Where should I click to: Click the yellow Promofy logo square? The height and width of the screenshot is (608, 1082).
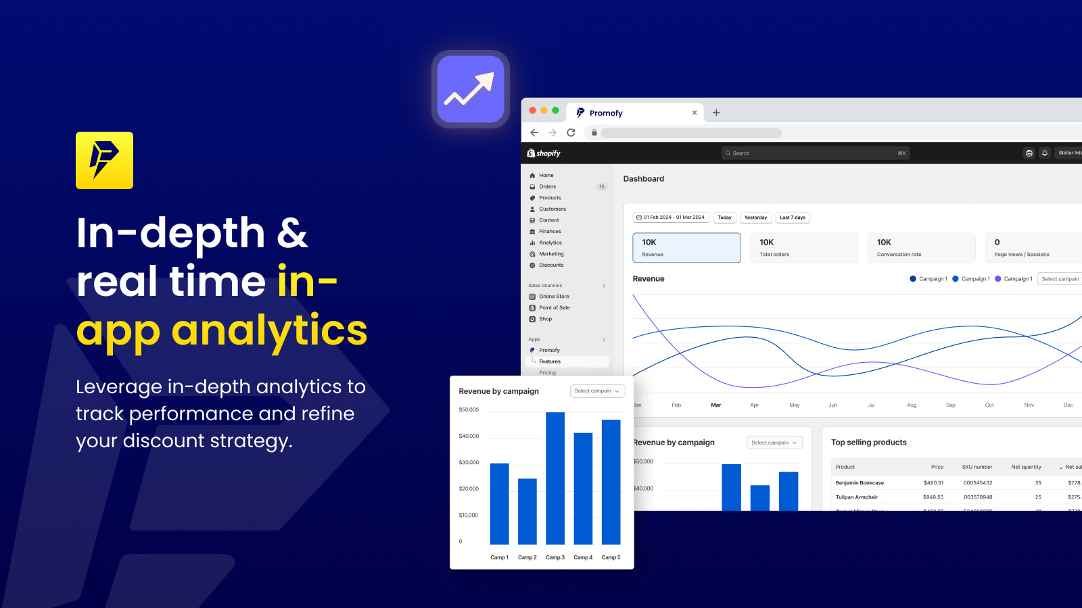104,160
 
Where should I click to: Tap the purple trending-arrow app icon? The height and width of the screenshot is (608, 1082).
471,89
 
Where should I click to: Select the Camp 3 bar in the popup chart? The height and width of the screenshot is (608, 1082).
555,478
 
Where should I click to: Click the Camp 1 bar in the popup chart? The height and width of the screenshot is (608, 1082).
499,503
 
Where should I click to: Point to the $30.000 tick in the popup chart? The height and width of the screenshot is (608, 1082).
469,463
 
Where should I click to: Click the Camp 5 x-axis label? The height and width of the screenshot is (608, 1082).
611,557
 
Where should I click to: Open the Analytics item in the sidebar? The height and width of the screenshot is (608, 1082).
550,243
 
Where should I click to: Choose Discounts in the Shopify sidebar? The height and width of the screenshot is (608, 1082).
551,265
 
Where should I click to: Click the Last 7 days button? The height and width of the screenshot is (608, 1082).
793,218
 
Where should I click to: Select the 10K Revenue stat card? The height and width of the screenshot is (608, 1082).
686,247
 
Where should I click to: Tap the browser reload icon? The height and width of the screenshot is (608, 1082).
571,132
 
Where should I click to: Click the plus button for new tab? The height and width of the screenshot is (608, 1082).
716,113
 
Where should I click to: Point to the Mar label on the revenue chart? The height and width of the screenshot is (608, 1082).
715,405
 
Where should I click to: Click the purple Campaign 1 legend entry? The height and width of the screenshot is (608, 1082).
1014,279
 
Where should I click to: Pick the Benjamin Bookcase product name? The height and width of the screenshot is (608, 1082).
860,483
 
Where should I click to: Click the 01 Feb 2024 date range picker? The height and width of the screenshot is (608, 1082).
670,218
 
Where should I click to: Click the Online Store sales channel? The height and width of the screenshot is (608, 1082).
553,297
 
